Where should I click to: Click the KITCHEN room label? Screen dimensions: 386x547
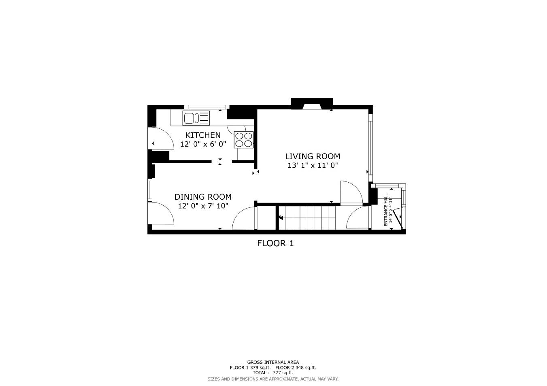pos(203,135)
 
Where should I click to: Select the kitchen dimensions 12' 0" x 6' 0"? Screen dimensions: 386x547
pos(203,144)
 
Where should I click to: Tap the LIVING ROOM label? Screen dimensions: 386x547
pos(312,156)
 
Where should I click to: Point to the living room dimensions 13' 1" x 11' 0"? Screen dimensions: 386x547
pos(312,165)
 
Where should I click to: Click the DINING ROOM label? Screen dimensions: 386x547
pos(203,197)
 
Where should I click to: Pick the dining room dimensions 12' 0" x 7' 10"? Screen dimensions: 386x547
pos(203,206)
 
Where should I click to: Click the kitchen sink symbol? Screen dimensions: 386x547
pos(196,118)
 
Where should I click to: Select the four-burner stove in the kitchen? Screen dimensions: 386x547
pos(243,140)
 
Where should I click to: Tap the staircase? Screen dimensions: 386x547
pos(310,218)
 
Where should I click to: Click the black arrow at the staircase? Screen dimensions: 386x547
pos(281,218)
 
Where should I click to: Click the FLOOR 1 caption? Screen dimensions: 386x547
pos(275,243)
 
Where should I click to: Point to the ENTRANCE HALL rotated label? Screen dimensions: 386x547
pos(386,209)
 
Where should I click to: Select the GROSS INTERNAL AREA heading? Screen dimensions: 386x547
pos(273,362)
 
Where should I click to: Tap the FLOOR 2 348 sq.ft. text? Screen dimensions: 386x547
pos(295,367)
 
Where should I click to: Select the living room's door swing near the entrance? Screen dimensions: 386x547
pos(351,192)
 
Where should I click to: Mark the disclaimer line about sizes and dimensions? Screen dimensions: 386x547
pos(273,379)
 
